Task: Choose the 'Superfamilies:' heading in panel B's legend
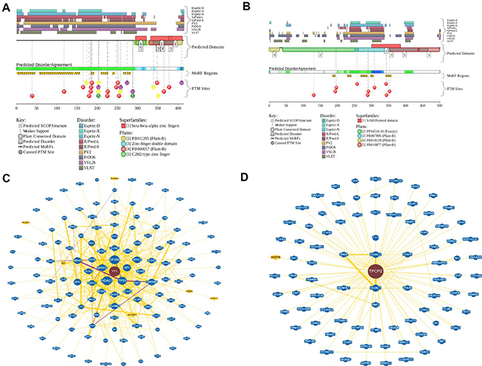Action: pyautogui.click(x=371, y=116)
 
